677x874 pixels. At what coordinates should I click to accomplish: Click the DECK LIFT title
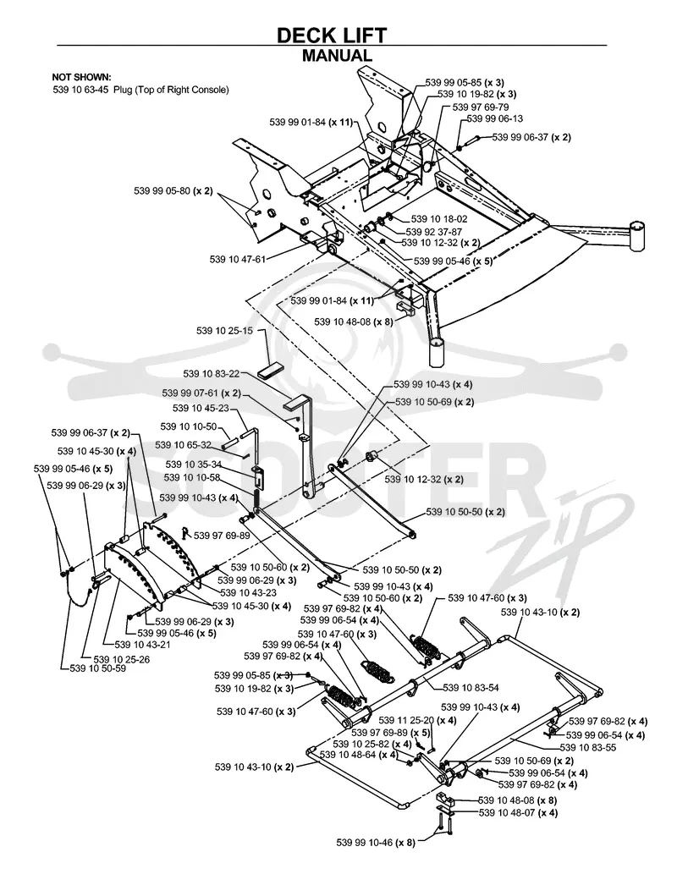[x=332, y=36]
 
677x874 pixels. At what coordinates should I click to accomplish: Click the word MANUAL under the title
[x=337, y=56]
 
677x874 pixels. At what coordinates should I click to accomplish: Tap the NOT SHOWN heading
[x=81, y=78]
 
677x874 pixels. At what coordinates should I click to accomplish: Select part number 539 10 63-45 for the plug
[x=80, y=90]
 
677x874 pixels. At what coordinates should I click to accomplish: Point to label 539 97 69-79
[x=480, y=107]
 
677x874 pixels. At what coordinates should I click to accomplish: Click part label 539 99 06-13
[x=495, y=118]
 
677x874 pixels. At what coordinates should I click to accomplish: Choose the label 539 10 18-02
[x=439, y=220]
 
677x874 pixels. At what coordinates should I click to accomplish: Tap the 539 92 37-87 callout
[x=433, y=232]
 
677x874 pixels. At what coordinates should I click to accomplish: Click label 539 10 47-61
[x=238, y=259]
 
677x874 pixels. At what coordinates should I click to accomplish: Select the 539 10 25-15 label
[x=224, y=331]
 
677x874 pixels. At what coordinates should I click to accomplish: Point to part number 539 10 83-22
[x=212, y=373]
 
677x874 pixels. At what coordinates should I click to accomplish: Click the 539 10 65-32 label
[x=183, y=445]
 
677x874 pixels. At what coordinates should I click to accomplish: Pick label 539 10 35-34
[x=194, y=464]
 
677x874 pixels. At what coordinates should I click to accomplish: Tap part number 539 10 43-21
[x=142, y=645]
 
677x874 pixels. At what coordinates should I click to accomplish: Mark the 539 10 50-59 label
[x=97, y=668]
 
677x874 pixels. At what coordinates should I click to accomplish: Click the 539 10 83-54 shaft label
[x=471, y=688]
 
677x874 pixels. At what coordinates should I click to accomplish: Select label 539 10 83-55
[x=588, y=747]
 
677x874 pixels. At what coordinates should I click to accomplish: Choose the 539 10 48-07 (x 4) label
[x=518, y=813]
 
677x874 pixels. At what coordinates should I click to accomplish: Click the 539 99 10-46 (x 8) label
[x=376, y=843]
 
